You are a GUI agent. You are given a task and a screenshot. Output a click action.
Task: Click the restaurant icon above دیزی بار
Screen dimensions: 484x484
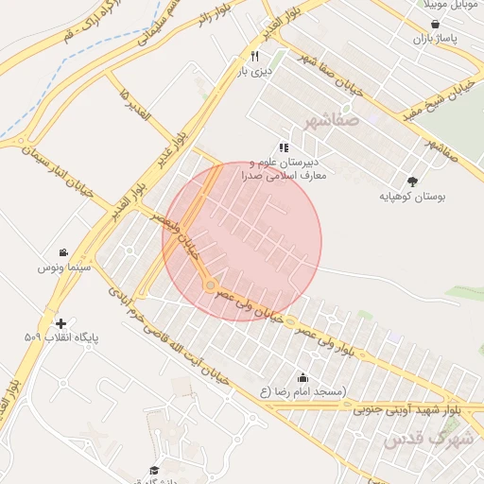[254, 57]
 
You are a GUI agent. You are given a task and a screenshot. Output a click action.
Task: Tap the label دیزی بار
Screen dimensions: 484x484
[254, 72]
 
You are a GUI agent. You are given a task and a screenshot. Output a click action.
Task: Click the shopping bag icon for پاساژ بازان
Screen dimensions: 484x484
[434, 26]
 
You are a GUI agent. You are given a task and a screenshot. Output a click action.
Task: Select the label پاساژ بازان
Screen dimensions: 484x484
[434, 41]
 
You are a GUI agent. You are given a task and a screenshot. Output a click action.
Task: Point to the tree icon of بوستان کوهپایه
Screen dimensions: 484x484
[412, 181]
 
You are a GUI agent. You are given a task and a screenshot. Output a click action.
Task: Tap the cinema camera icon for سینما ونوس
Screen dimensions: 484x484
[62, 252]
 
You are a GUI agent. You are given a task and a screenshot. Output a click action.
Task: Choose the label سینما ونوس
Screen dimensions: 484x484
[62, 268]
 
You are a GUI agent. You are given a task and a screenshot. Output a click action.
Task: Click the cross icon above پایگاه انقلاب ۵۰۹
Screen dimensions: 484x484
[61, 322]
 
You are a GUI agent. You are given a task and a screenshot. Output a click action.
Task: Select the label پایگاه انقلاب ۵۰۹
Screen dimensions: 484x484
[61, 337]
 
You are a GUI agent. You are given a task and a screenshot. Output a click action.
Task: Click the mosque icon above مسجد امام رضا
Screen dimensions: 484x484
[302, 377]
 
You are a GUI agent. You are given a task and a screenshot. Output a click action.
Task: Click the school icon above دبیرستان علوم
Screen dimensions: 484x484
[284, 147]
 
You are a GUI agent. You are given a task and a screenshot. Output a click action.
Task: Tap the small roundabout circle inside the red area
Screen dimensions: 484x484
[211, 285]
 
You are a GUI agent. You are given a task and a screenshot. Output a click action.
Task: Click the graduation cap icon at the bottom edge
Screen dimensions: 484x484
[154, 470]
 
